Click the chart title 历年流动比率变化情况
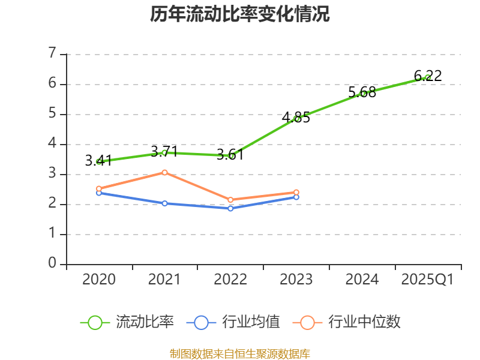239,14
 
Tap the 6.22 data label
428,76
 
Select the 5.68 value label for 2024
362,92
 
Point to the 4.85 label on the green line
296,118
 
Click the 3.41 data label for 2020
98,161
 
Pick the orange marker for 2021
164,173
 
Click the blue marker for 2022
230,208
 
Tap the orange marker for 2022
230,200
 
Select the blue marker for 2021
164,203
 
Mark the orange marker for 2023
296,192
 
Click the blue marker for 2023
296,197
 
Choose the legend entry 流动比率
127,322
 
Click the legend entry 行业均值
233,322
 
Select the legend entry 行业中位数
347,322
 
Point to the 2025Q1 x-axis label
428,280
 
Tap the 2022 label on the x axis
230,280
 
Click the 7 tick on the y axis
52,53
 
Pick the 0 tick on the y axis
52,263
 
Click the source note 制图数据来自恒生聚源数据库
240,354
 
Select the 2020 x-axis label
99,280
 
